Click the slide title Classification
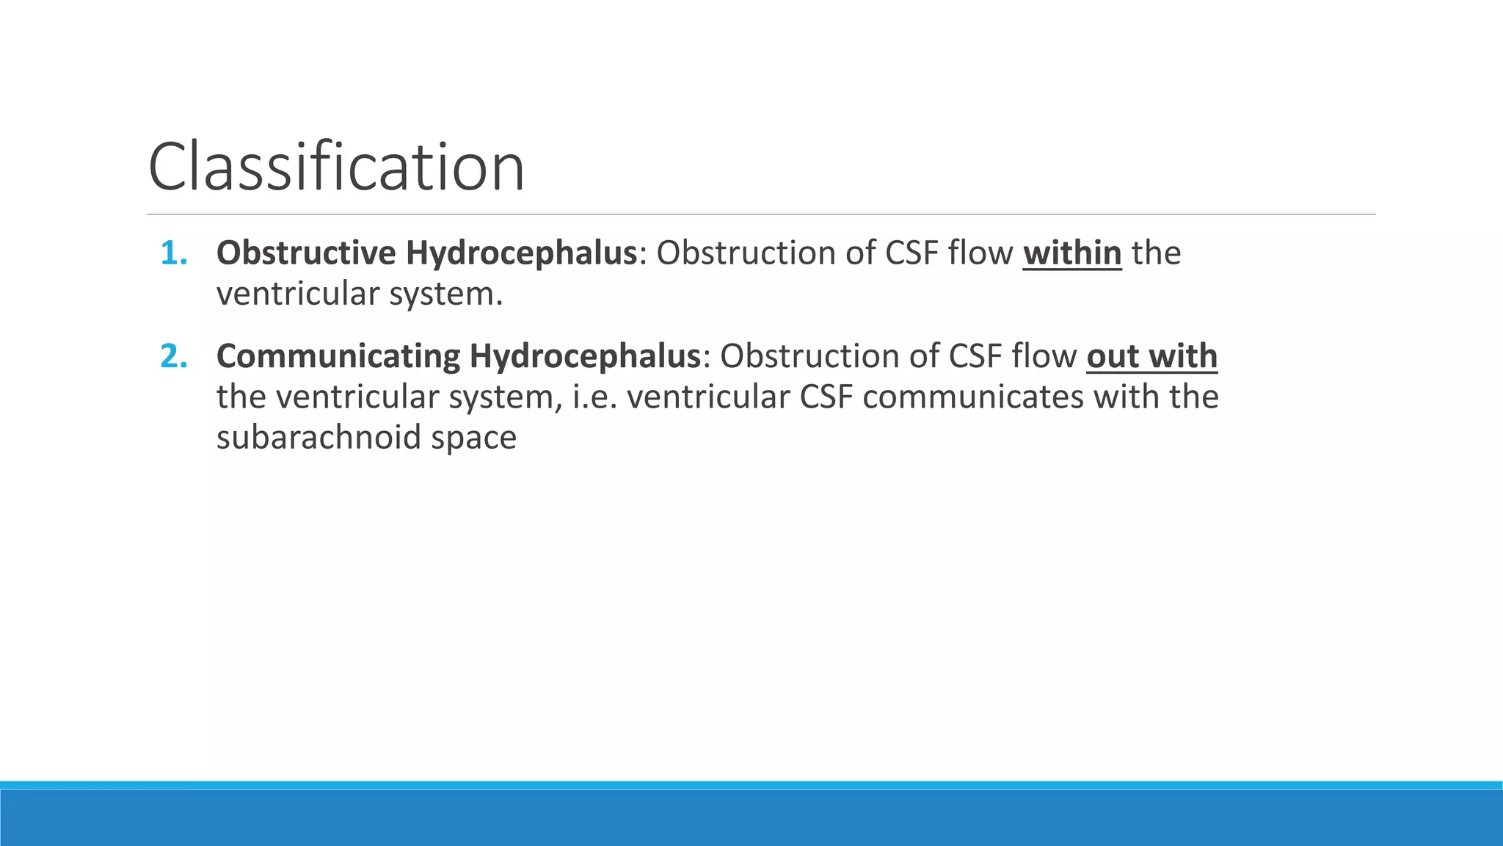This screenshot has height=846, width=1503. pyautogui.click(x=336, y=167)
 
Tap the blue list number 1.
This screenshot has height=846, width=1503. pyautogui.click(x=173, y=253)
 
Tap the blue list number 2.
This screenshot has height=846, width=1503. pyautogui.click(x=173, y=356)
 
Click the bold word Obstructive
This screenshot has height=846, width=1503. pyautogui.click(x=306, y=253)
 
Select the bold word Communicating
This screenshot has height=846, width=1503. pyautogui.click(x=338, y=356)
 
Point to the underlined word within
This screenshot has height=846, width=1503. pyautogui.click(x=1071, y=253)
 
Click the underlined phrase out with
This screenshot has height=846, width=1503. pyautogui.click(x=1151, y=356)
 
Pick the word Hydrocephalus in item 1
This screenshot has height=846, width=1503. pyautogui.click(x=521, y=253)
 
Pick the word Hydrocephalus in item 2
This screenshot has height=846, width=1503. pyautogui.click(x=585, y=356)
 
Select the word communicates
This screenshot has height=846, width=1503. pyautogui.click(x=973, y=397)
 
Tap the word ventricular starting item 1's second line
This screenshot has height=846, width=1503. pyautogui.click(x=297, y=294)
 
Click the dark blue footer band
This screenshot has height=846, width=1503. pyautogui.click(x=751, y=818)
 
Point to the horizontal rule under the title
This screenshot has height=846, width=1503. pyautogui.click(x=760, y=214)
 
